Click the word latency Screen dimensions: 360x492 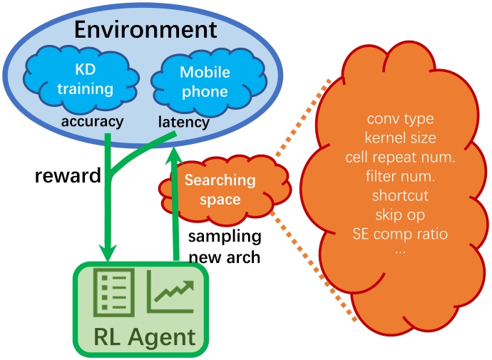(x=183, y=123)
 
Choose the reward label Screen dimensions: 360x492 (x=68, y=176)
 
